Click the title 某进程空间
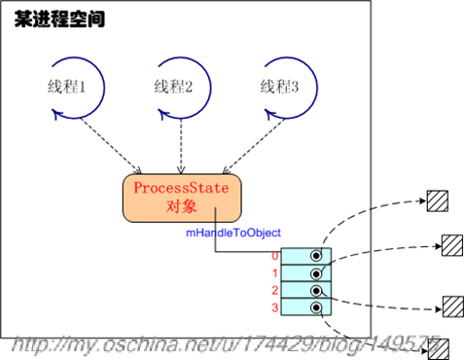pyautogui.click(x=59, y=19)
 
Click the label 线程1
pyautogui.click(x=67, y=86)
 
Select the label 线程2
pyautogui.click(x=175, y=86)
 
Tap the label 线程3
pyautogui.click(x=281, y=86)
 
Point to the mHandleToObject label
pyautogui.click(x=233, y=234)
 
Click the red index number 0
pyautogui.click(x=275, y=256)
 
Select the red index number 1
pyautogui.click(x=275, y=273)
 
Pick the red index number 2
pyautogui.click(x=275, y=291)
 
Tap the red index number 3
pyautogui.click(x=275, y=308)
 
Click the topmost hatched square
pyautogui.click(x=438, y=200)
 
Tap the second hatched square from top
pyautogui.click(x=451, y=243)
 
